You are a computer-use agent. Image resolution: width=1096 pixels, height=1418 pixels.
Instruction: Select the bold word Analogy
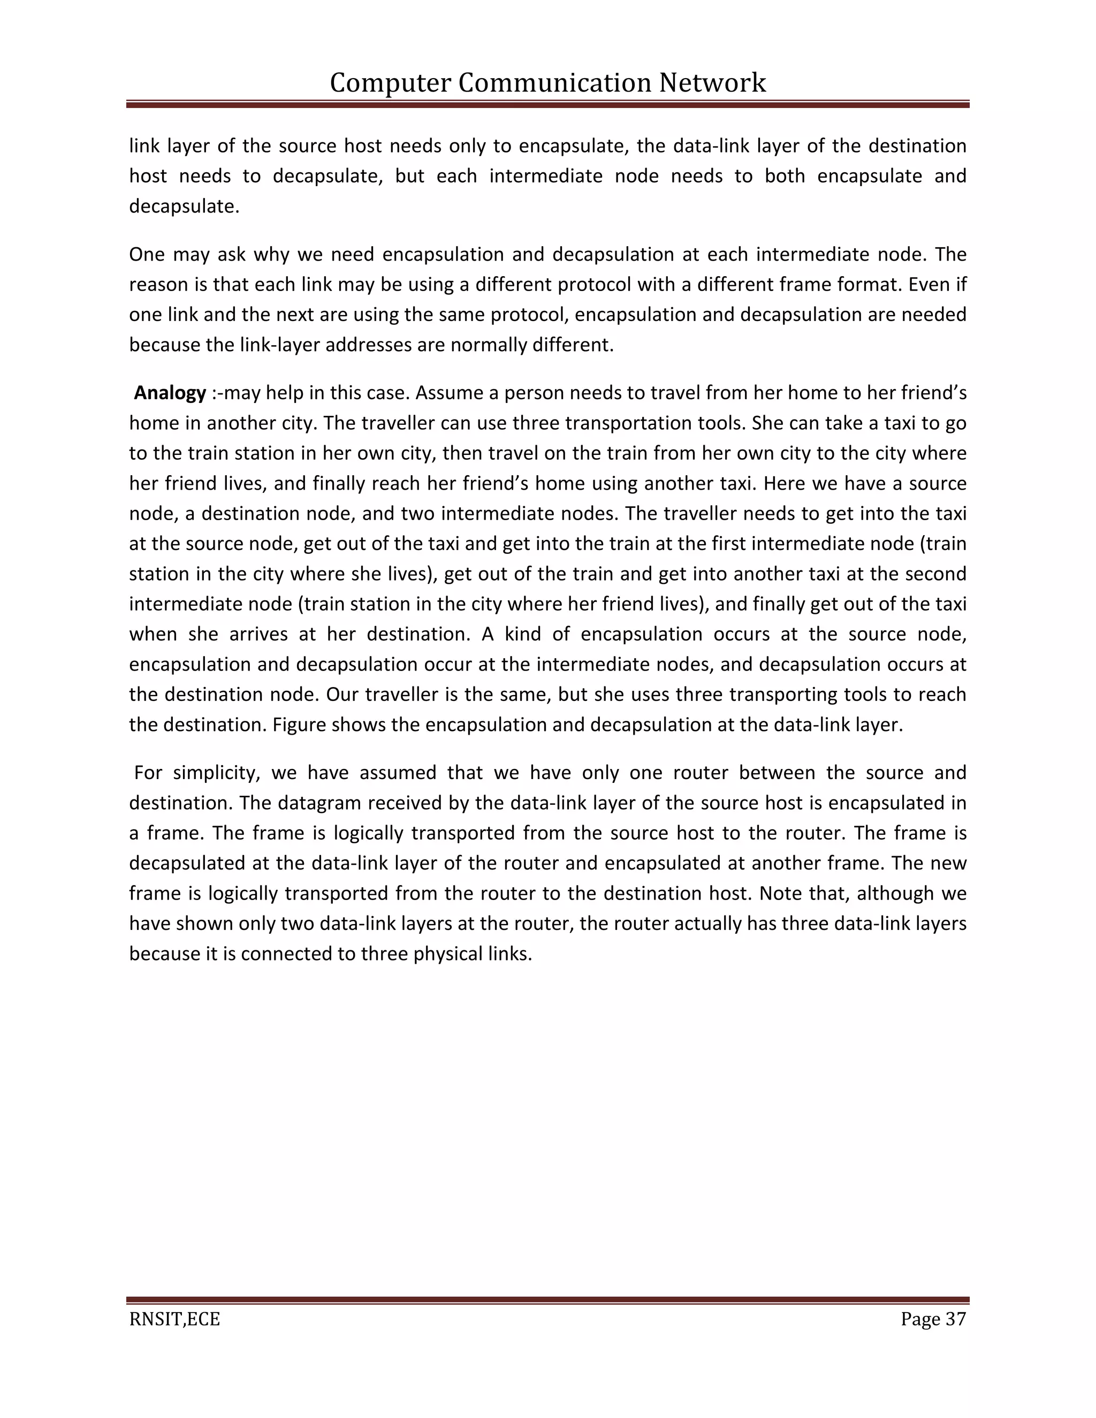[170, 393]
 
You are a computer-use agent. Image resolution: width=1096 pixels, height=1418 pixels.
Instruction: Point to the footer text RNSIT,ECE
[174, 1318]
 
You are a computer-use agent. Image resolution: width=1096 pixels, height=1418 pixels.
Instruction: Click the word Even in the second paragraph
[917, 284]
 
